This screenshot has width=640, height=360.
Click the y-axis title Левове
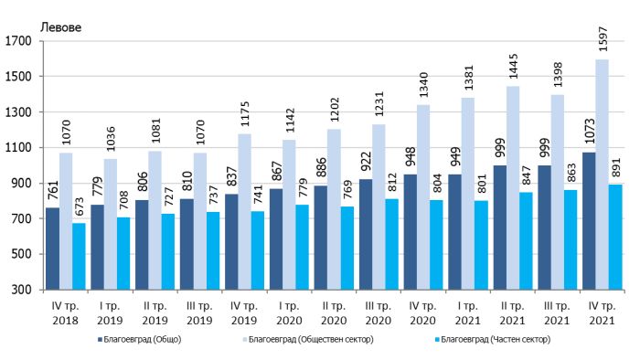tap(61, 27)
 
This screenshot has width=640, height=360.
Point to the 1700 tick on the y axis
tap(18, 41)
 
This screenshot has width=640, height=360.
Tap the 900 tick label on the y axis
tap(22, 183)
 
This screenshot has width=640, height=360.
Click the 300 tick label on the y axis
tap(22, 290)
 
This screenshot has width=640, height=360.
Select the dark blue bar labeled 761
tap(53, 249)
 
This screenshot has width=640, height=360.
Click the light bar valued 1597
tap(602, 175)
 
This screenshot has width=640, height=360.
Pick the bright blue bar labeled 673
tap(79, 257)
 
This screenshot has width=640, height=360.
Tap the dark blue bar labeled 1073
tap(589, 221)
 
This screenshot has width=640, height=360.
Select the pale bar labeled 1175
tap(244, 212)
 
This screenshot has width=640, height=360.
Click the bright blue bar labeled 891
tap(615, 238)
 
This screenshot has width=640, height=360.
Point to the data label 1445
tap(513, 67)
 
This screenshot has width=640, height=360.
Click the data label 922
tap(366, 162)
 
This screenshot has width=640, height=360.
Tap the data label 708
tap(123, 200)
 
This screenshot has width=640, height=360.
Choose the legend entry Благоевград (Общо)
tap(139, 340)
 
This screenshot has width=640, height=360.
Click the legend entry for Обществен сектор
tap(308, 340)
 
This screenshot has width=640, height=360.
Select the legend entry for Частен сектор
tap(493, 340)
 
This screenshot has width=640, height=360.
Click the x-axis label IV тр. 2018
tap(65, 313)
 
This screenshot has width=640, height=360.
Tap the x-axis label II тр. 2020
tap(334, 313)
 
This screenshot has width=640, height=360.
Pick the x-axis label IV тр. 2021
tap(602, 313)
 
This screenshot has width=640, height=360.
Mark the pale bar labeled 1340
tap(423, 197)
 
